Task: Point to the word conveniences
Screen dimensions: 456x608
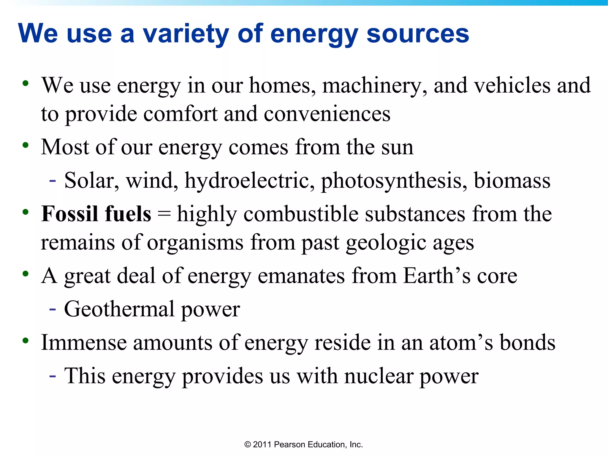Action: tap(327, 114)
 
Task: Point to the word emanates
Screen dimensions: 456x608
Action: tap(301, 276)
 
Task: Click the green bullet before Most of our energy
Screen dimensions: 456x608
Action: tap(26, 145)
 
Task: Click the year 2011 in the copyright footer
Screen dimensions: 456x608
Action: tap(262, 444)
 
